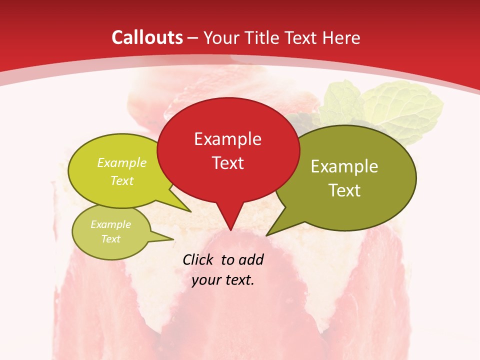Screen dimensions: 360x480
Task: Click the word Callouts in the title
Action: pyautogui.click(x=147, y=37)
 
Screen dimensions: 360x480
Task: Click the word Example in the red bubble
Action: pyautogui.click(x=227, y=139)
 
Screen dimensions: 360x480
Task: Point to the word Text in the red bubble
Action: pyautogui.click(x=227, y=163)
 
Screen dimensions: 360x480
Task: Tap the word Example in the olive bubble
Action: pyautogui.click(x=344, y=166)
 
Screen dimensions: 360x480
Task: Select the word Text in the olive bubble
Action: pyautogui.click(x=344, y=190)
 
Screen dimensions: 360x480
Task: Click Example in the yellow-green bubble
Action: pyautogui.click(x=122, y=163)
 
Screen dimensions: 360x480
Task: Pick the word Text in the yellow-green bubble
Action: pyautogui.click(x=122, y=180)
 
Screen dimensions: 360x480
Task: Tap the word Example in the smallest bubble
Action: pyautogui.click(x=110, y=224)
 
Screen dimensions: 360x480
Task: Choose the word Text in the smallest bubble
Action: pyautogui.click(x=110, y=239)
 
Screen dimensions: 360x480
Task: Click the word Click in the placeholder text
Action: pyautogui.click(x=199, y=259)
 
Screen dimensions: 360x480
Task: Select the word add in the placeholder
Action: pyautogui.click(x=251, y=259)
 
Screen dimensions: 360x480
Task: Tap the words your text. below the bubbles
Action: pyautogui.click(x=223, y=280)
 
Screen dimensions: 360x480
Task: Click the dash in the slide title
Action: pyautogui.click(x=193, y=37)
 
